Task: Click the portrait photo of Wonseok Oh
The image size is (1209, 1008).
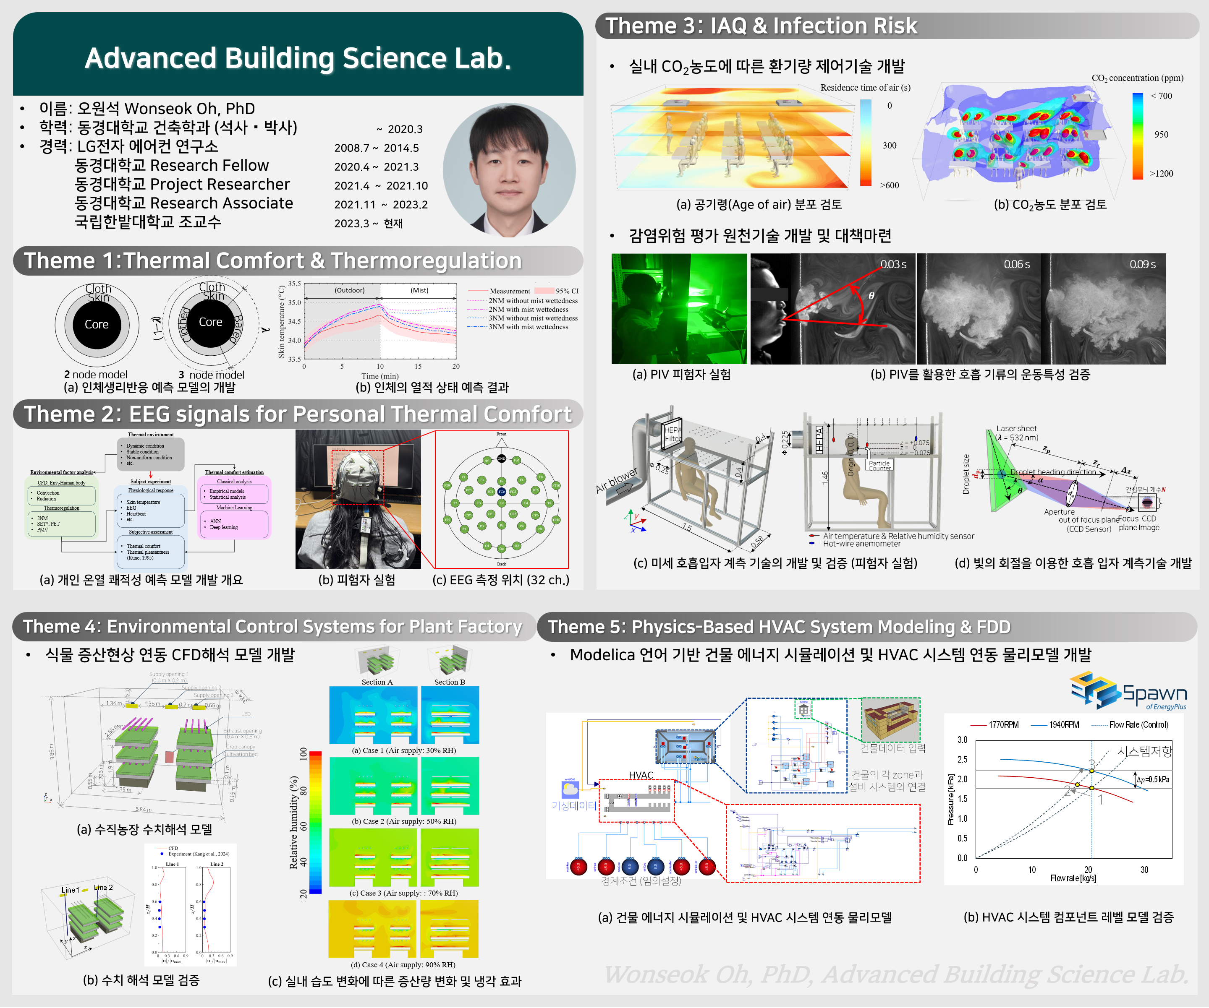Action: pyautogui.click(x=509, y=170)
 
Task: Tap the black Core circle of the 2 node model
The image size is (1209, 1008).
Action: pyautogui.click(x=97, y=325)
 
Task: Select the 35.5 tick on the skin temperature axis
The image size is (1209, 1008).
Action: pyautogui.click(x=294, y=284)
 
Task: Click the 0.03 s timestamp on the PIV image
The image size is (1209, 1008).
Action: pyautogui.click(x=893, y=264)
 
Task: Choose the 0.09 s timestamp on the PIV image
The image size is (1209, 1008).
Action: pyautogui.click(x=1142, y=264)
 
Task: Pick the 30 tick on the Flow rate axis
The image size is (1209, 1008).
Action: pyautogui.click(x=1144, y=869)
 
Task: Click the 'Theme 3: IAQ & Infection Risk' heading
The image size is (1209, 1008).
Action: pyautogui.click(x=761, y=26)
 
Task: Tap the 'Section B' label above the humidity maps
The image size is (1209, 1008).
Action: pyautogui.click(x=449, y=682)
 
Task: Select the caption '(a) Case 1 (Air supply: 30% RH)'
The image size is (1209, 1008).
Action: pyautogui.click(x=403, y=750)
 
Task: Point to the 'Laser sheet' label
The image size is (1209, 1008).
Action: pyautogui.click(x=1016, y=429)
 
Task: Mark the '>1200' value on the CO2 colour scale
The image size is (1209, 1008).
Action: pyautogui.click(x=1161, y=173)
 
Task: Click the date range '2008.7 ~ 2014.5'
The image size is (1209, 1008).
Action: pyautogui.click(x=377, y=148)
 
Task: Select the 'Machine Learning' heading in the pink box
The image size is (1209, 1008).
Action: pyautogui.click(x=234, y=508)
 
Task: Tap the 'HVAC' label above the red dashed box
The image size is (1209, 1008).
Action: pyautogui.click(x=641, y=775)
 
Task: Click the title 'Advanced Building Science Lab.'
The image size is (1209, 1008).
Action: pyautogui.click(x=298, y=58)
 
